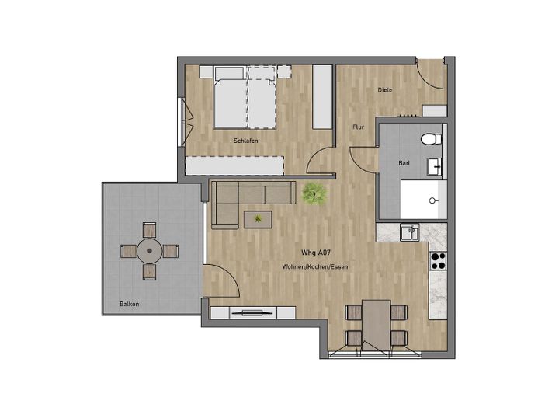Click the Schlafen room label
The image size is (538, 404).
tap(245, 141)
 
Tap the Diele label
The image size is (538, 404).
tap(384, 90)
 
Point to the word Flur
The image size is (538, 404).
tap(358, 127)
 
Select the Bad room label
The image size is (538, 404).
tap(404, 163)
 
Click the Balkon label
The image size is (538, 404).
tap(130, 304)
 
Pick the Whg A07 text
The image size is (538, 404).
tap(316, 253)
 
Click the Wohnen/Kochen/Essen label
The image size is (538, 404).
tap(315, 266)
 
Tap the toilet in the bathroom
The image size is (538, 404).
tap(431, 139)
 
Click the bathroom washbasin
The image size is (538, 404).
tap(435, 167)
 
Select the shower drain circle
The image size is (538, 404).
tap(432, 200)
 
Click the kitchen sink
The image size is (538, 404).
tap(409, 232)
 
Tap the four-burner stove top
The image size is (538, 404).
tap(438, 261)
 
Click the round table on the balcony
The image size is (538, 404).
tap(149, 251)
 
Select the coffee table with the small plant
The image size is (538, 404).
tap(258, 219)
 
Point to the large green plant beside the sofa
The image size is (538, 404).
tap(314, 194)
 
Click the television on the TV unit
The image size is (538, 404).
tap(252, 312)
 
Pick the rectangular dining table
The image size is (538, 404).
tap(377, 325)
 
